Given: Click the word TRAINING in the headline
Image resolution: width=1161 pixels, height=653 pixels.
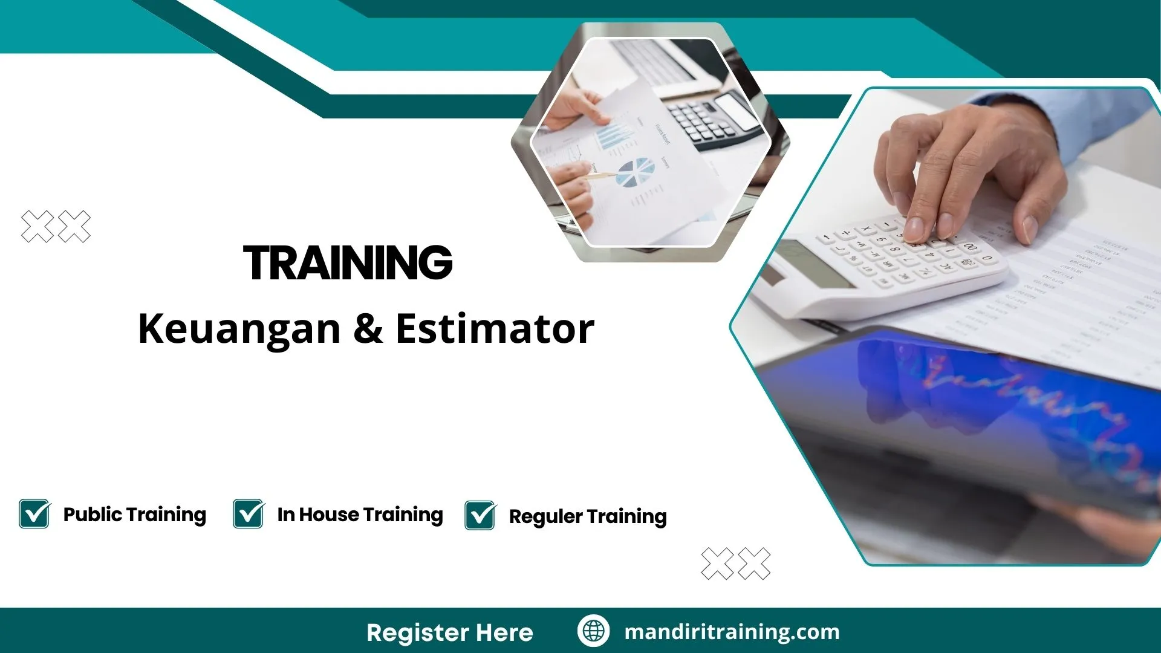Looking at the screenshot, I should point(348,263).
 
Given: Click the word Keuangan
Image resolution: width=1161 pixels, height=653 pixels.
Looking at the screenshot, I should point(239,329).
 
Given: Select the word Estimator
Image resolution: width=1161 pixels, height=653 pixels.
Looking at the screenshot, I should point(495,329).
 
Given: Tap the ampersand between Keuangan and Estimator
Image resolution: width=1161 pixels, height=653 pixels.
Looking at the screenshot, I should point(368,329).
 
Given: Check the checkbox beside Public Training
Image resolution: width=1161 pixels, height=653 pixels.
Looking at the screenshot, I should point(34,514).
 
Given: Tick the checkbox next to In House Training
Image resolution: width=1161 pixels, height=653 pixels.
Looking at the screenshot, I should point(249,514).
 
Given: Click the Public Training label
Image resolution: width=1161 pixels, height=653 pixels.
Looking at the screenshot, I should point(134,515).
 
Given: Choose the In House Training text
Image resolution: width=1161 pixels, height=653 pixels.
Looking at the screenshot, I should point(360,515).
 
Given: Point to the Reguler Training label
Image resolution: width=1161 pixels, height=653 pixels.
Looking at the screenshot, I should point(588,516).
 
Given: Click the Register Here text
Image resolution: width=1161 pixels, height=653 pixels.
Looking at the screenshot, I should point(450,632).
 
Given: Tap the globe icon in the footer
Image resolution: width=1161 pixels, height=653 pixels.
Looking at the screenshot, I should point(593,631).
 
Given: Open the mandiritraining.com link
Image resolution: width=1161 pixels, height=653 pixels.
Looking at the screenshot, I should point(732,632).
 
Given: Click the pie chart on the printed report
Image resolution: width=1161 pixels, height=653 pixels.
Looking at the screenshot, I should point(635,172).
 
